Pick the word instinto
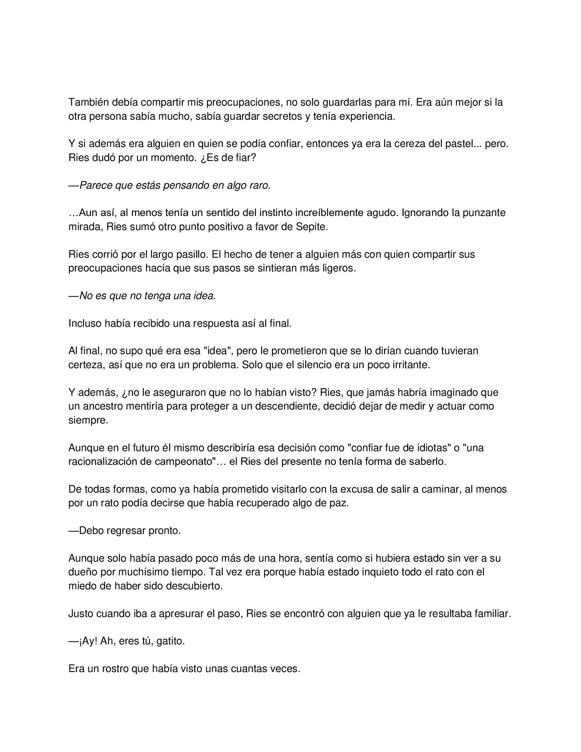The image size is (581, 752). click(x=275, y=213)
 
